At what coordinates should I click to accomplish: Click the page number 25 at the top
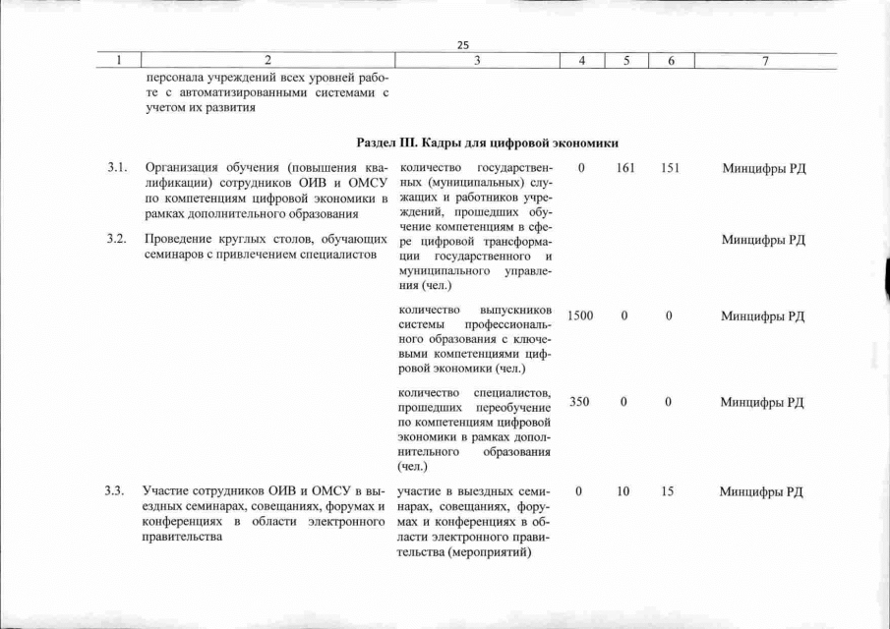point(464,44)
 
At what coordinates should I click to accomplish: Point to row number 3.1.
point(119,168)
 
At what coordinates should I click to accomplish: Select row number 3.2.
point(119,240)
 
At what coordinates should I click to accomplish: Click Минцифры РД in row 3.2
point(763,240)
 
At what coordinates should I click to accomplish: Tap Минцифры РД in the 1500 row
point(763,315)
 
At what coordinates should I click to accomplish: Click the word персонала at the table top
point(173,76)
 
